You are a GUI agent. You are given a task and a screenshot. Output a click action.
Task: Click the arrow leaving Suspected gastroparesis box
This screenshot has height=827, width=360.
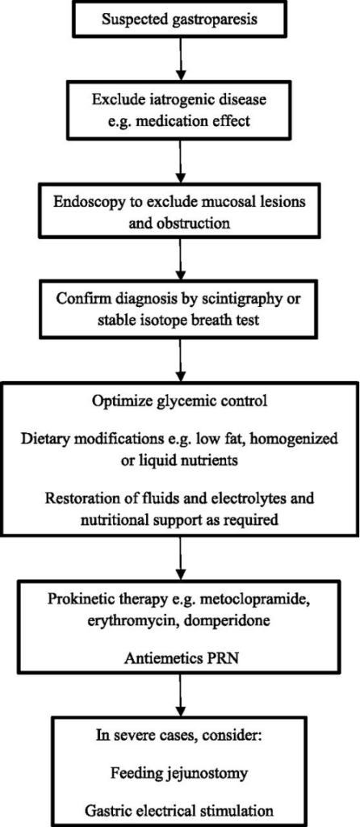[x=180, y=63]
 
